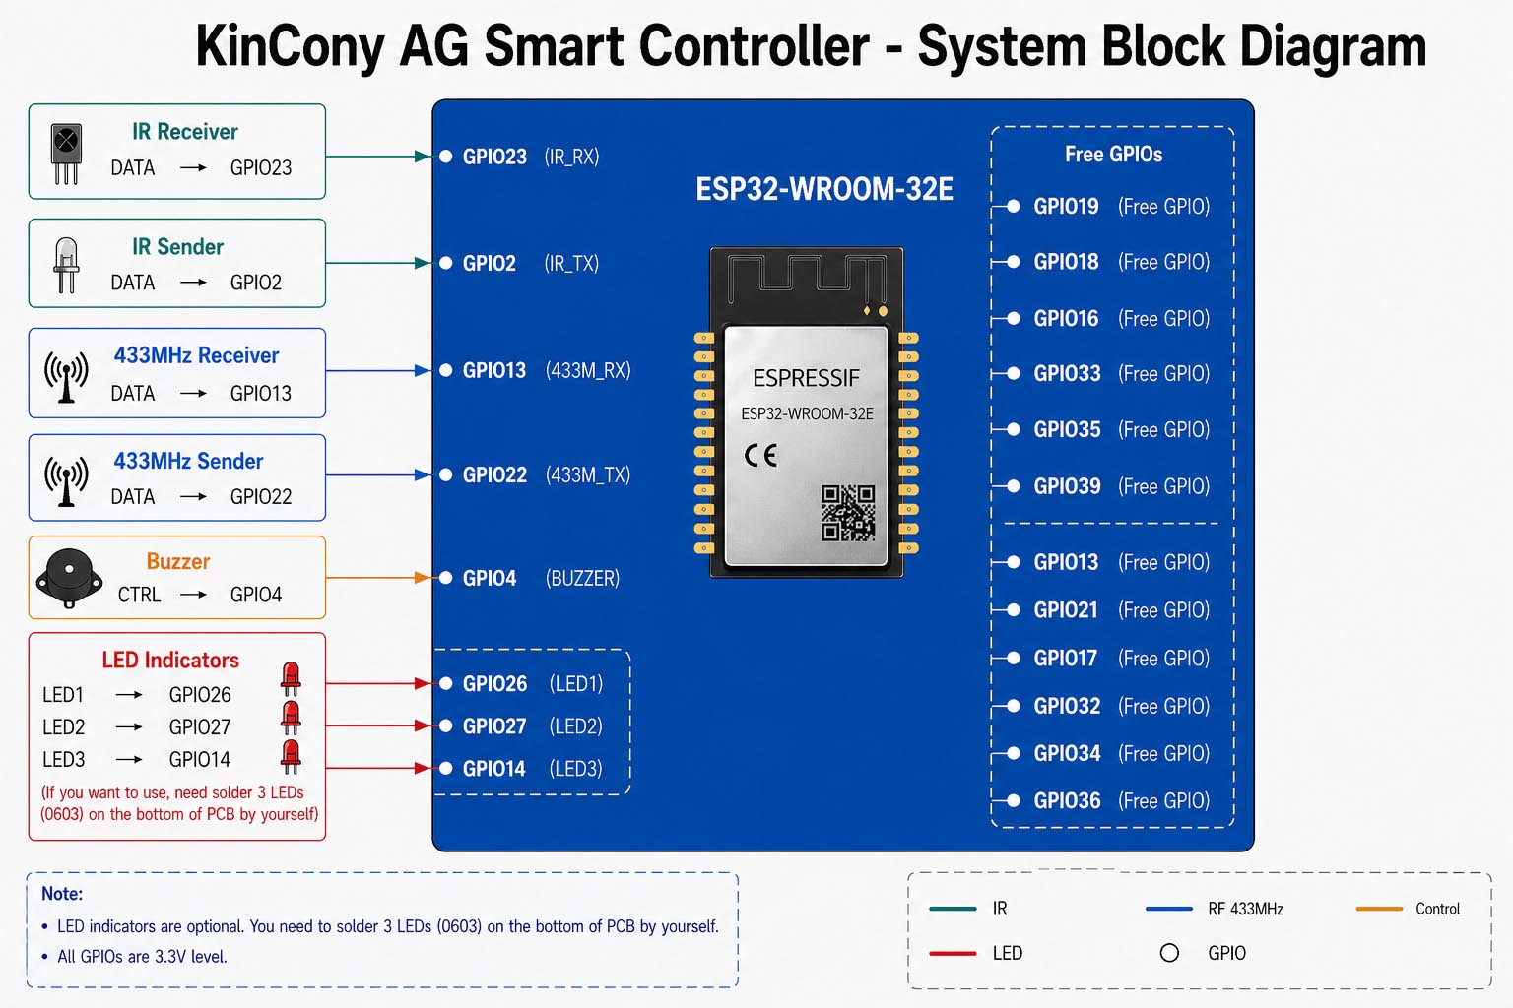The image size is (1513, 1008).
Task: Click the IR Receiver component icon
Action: click(66, 154)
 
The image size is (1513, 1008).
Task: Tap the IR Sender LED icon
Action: click(66, 265)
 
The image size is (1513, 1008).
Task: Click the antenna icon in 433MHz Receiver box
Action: click(66, 377)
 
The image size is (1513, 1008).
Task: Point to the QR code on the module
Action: click(848, 513)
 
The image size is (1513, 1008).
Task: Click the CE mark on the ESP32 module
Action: click(760, 456)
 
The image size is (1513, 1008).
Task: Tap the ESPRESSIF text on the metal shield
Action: click(807, 378)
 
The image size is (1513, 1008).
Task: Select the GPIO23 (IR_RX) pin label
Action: click(530, 157)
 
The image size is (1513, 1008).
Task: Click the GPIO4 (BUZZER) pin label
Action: click(541, 578)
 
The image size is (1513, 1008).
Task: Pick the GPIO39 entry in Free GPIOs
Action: click(1121, 486)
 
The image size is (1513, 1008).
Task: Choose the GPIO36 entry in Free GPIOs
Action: click(1121, 800)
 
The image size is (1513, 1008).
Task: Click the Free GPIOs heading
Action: click(1114, 154)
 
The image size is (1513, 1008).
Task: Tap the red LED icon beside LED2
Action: click(291, 719)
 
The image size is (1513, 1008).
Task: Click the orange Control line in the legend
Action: click(1379, 909)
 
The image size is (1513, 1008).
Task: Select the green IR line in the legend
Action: click(954, 909)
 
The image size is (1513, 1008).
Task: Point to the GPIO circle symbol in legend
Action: click(1169, 953)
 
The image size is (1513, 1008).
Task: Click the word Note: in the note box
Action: click(62, 893)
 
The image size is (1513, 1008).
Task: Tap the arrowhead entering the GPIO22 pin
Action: click(423, 475)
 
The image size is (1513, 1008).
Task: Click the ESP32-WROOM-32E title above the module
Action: click(824, 189)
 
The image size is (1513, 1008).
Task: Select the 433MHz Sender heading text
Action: click(188, 461)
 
